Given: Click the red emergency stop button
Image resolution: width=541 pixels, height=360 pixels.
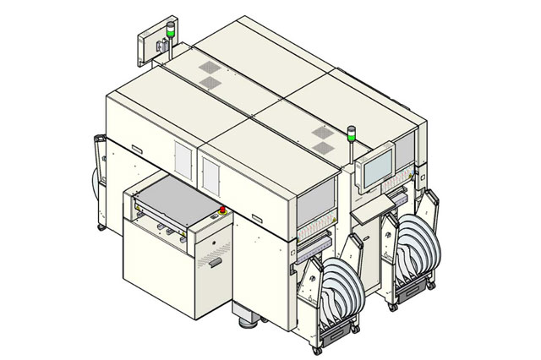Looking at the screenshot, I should (x=223, y=210).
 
